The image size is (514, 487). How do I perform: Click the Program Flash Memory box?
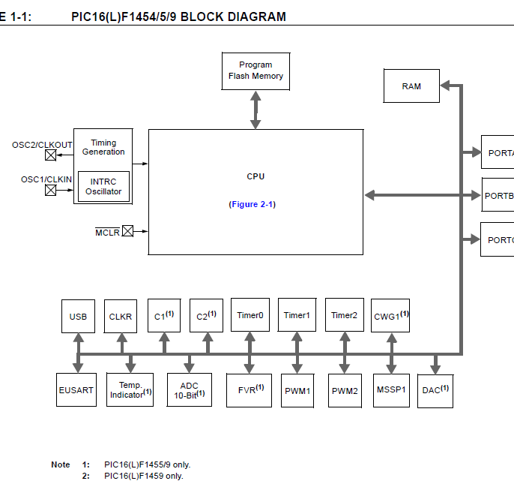256,71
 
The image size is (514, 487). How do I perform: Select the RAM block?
411,86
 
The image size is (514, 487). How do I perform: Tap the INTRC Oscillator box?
103,187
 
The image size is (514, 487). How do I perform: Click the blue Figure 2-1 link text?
252,204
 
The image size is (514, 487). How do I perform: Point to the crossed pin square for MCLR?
127,231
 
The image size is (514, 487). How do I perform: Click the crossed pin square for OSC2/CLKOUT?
51,155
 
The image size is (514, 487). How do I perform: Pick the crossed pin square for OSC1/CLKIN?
51,190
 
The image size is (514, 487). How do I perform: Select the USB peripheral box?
78,316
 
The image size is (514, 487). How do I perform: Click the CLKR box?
120,316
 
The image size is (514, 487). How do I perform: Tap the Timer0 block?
250,315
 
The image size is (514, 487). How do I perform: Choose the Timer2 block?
344,315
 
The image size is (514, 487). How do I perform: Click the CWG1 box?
390,316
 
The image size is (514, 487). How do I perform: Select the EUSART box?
76,389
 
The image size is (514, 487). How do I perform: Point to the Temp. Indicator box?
130,389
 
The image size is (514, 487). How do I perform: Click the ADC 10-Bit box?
190,389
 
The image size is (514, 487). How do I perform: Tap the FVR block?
250,389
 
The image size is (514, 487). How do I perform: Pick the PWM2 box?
345,390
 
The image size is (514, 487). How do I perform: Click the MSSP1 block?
390,389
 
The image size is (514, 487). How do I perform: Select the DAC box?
435,389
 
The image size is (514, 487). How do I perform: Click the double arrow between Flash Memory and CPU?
256,110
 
